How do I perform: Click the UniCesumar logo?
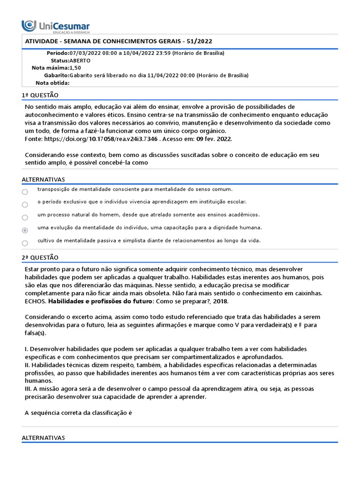(56, 26)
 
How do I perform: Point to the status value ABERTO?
(80, 60)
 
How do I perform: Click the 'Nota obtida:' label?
(52, 83)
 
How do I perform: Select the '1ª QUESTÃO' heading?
(40, 95)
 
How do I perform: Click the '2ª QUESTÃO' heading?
(40, 257)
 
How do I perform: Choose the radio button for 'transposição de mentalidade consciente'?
(25, 192)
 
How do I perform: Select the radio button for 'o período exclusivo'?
(25, 204)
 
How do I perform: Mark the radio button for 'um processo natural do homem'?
(25, 217)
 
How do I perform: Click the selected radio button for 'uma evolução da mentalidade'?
(25, 230)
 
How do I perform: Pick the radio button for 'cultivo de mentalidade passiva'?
(25, 243)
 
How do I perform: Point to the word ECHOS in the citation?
(35, 301)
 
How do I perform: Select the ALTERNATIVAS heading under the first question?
(43, 180)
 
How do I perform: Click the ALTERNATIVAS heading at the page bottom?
(43, 437)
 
